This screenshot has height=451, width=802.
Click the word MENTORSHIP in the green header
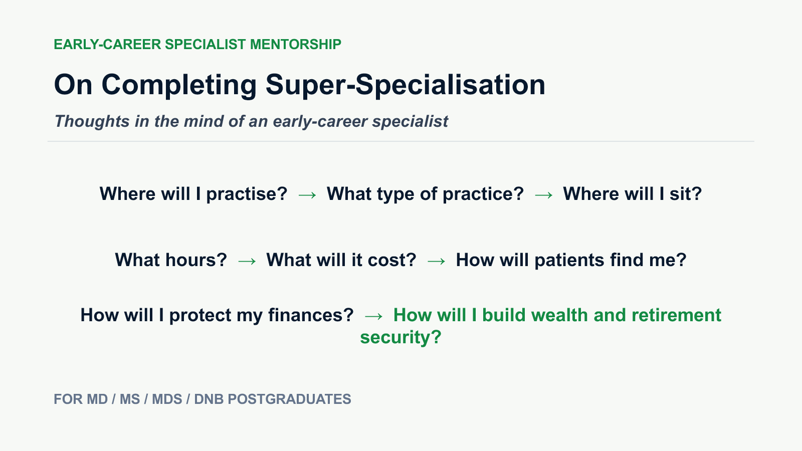(x=295, y=45)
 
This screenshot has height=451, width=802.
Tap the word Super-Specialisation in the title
(x=406, y=85)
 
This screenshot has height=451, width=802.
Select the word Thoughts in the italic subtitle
(x=92, y=121)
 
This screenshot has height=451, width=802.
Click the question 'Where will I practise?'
(x=193, y=194)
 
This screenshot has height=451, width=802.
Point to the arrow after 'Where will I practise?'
(x=307, y=195)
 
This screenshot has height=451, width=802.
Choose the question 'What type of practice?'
(x=426, y=194)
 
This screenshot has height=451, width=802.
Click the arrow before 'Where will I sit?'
(x=543, y=195)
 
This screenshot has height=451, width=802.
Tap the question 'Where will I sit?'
(x=632, y=194)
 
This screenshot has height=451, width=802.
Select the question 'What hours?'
(x=171, y=260)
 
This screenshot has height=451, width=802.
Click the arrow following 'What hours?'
(x=247, y=261)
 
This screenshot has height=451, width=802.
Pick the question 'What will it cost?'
(x=341, y=260)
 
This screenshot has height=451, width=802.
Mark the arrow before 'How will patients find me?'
(x=437, y=261)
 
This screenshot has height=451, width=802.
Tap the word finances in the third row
(x=311, y=315)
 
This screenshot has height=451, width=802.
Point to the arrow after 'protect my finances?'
(x=373, y=316)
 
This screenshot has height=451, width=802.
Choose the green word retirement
(x=676, y=315)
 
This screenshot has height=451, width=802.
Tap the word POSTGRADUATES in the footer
(x=289, y=399)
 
